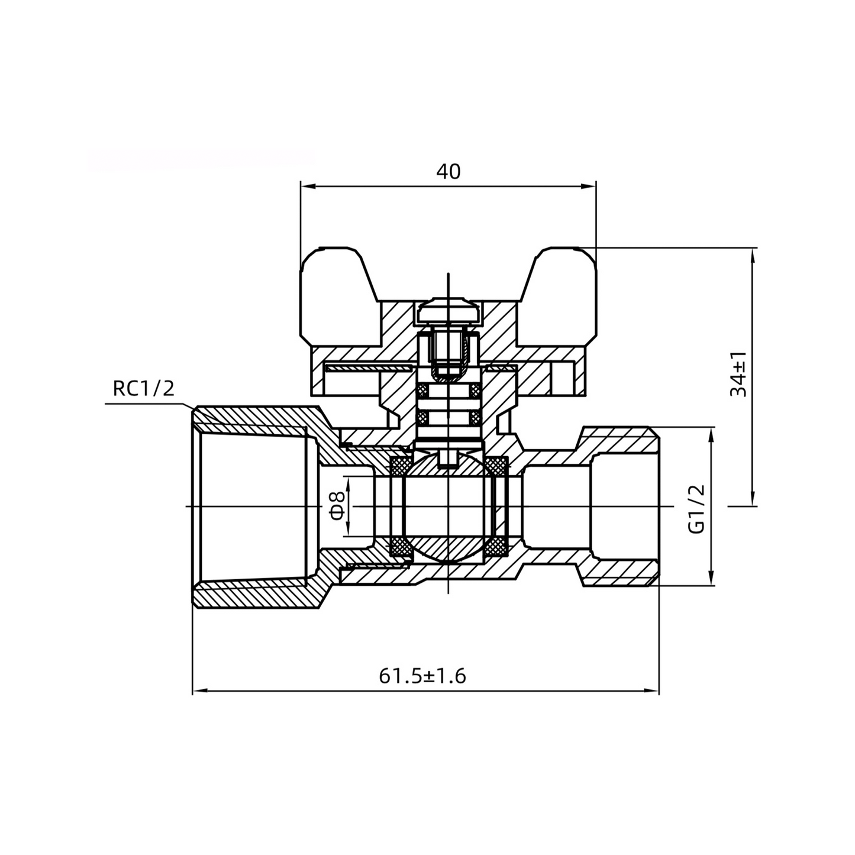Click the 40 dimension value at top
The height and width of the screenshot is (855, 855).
coord(448,171)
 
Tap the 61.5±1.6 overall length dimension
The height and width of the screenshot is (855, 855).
coord(422,675)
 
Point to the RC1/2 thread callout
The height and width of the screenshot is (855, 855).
coord(144,389)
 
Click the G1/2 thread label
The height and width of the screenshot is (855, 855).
coord(698,509)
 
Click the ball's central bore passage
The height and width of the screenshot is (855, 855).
coord(448,506)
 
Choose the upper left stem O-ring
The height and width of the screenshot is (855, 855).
coord(424,392)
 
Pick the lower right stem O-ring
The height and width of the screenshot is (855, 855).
coord(475,418)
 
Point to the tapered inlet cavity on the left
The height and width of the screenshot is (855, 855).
coord(254,506)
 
